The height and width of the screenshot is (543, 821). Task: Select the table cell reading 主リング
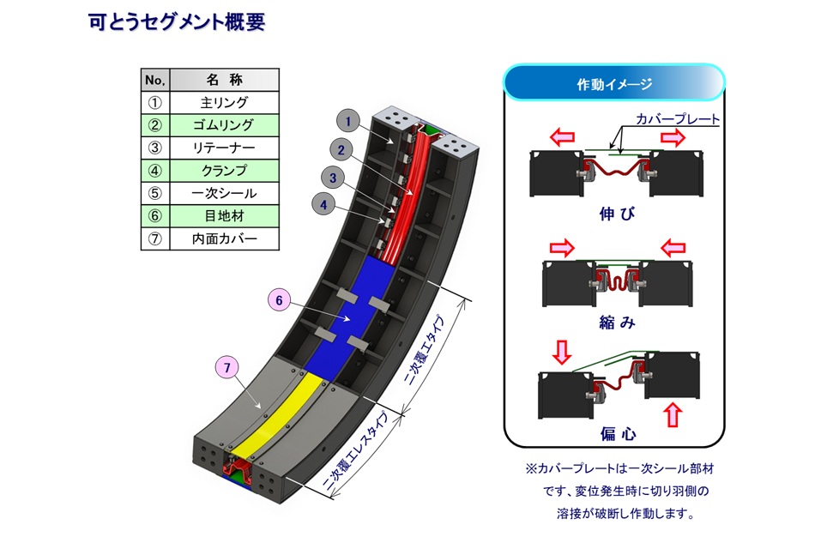pos(224,103)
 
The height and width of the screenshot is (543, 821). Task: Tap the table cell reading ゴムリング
pos(224,125)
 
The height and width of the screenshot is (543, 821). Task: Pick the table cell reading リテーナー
pos(224,148)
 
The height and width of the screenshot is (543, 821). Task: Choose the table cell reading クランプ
pos(224,171)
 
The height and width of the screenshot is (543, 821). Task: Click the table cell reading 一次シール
pos(224,194)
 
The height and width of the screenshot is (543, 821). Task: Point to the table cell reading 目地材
pos(224,216)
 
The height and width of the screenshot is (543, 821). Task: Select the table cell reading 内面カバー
pos(224,239)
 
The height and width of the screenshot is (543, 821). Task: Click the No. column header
pos(155,81)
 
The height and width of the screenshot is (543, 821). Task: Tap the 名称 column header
pos(224,81)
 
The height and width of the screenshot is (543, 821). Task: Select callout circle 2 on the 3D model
pos(341,151)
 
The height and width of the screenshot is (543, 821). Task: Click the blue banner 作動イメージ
pos(614,84)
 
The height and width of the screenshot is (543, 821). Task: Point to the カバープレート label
pos(677,119)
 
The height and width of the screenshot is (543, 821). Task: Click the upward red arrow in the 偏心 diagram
pos(673,416)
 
